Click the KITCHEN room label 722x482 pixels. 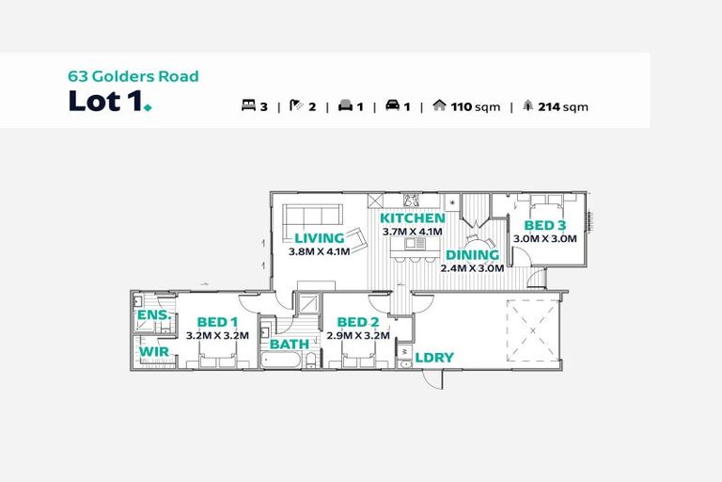pos(412,218)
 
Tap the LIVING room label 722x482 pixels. pos(320,238)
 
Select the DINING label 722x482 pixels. pos(473,255)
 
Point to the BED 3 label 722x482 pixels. pos(545,226)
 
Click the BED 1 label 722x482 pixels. pos(217,322)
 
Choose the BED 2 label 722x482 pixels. pos(358,322)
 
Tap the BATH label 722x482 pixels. pos(290,345)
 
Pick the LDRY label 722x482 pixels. pos(434,358)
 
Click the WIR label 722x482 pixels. pos(154,351)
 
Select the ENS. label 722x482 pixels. pos(155,315)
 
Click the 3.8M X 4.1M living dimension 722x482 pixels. pos(319,251)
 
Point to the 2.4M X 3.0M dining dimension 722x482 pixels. pos(472,268)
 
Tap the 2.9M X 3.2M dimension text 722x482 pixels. pos(358,335)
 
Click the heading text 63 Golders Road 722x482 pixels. pos(133,76)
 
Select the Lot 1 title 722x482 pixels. pos(110,101)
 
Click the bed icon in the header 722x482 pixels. pos(248,105)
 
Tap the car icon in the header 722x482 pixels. pos(392,105)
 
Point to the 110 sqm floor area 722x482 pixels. pos(475,107)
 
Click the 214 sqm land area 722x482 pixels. pos(563,107)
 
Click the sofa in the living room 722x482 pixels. pos(312,216)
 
